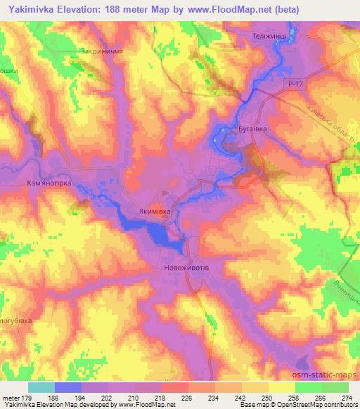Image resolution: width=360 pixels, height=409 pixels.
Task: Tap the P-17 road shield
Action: [296, 84]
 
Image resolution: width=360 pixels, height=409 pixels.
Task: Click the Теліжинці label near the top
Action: [271, 35]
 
